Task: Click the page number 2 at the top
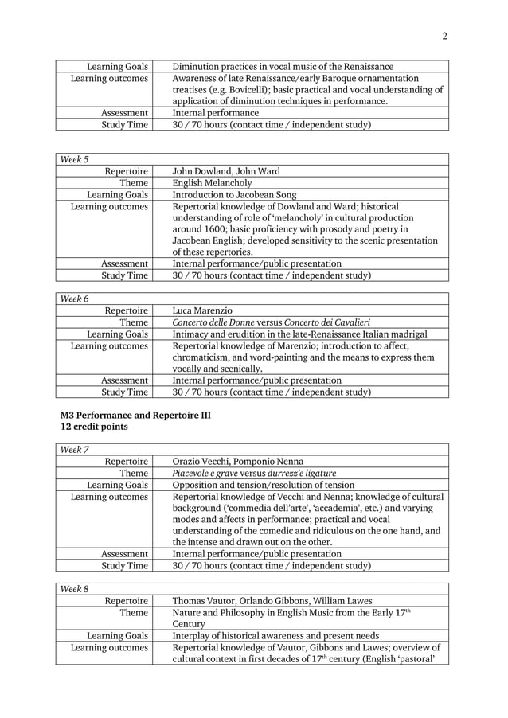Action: (x=444, y=36)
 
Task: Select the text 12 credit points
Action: (x=94, y=427)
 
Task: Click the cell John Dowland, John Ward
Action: (x=226, y=171)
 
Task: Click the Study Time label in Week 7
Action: (x=123, y=566)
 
